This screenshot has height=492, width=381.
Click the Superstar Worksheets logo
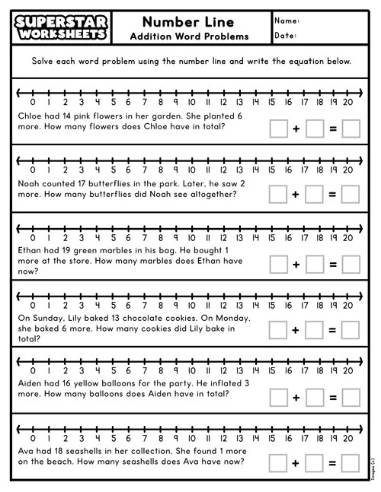59,27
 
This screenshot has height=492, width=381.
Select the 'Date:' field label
285,36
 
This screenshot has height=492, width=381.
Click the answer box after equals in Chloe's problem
351,129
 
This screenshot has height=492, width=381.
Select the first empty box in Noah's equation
279,195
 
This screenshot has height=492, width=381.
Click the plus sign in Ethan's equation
296,263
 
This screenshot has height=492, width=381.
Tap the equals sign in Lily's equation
332,330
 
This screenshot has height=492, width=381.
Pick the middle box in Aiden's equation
315,397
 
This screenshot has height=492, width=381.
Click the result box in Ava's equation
351,462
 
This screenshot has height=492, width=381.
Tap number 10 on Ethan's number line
190,238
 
